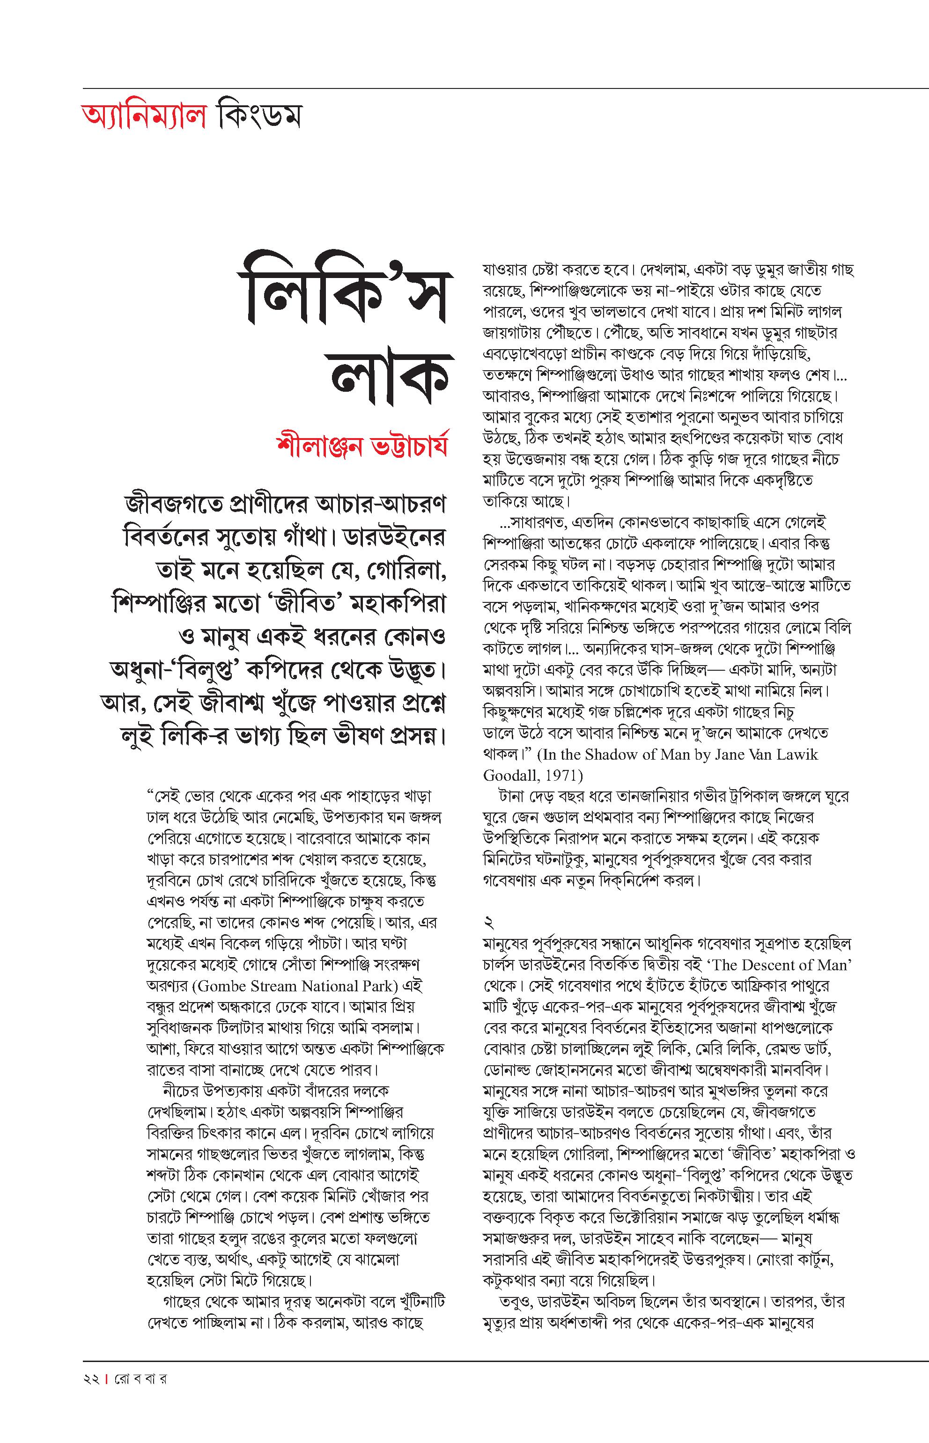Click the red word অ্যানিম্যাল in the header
(x=143, y=117)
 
